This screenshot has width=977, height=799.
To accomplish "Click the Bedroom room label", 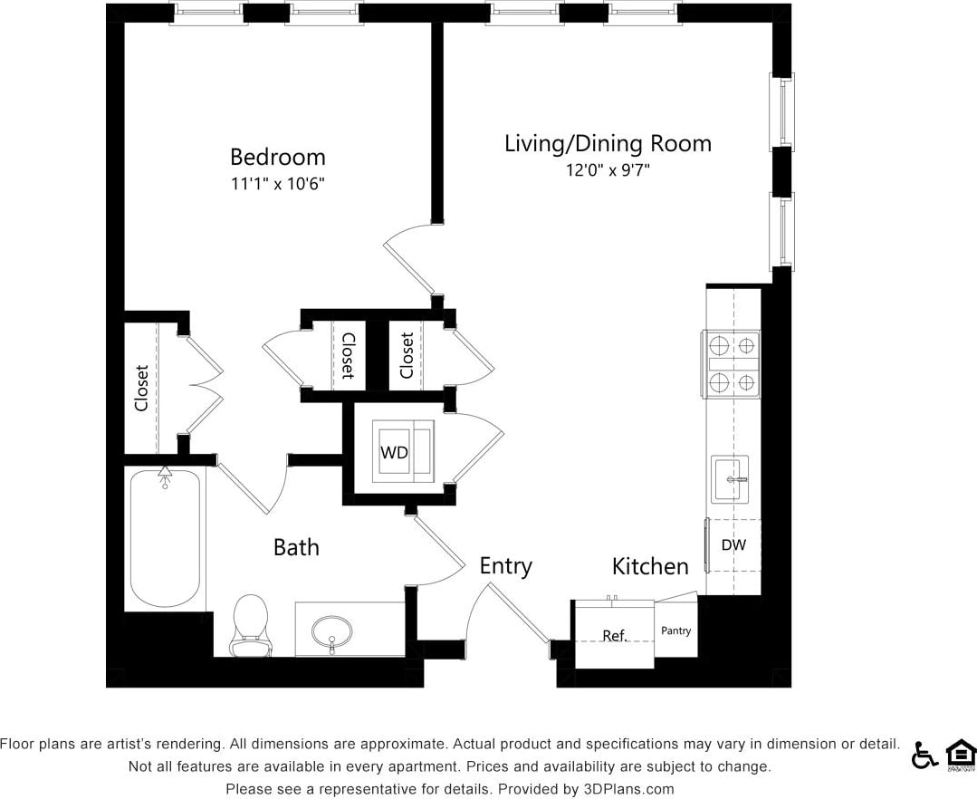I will point(277,157).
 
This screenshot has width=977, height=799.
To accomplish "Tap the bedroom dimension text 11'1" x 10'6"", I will point(277,184).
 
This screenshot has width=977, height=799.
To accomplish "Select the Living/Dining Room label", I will point(608,143).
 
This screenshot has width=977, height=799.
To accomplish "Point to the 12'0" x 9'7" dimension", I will point(608,169).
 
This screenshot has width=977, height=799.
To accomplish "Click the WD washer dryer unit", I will point(395,452).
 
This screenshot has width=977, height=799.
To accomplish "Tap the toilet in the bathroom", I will point(251,623).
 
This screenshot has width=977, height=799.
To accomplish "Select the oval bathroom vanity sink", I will point(331,631).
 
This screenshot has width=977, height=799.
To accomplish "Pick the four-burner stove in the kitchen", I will point(732,364).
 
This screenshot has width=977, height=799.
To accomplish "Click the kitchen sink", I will point(729,478).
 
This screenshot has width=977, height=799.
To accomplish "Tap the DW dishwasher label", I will point(733,545).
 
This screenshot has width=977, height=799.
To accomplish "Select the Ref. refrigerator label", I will point(615,636).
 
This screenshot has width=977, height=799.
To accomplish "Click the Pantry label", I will point(675,631).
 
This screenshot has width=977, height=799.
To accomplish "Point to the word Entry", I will point(505,566).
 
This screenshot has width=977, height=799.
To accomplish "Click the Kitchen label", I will point(650,567).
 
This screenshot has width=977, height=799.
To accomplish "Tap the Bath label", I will point(296,547).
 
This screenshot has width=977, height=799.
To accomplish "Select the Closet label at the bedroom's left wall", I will point(141,388).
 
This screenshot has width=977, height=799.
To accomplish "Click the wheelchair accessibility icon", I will point(924,755).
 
